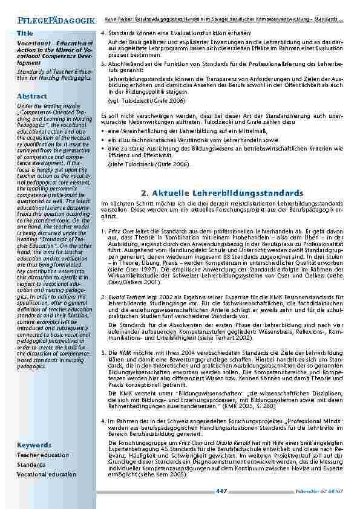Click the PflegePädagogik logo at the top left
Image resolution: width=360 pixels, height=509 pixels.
53,21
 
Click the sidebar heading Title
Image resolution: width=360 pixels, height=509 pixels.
25,33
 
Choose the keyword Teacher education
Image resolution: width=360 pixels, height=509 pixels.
43,455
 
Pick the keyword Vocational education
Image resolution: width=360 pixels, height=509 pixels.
47,475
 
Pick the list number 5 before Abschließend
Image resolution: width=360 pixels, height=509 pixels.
102,63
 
